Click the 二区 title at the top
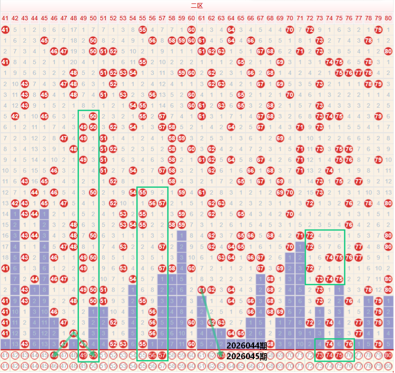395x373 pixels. pyautogui.click(x=197, y=6)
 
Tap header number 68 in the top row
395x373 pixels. pyautogui.click(x=270, y=19)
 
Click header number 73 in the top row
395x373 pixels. pyautogui.click(x=319, y=19)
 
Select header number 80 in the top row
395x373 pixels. pyautogui.click(x=388, y=19)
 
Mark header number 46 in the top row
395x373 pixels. pyautogui.click(x=54, y=19)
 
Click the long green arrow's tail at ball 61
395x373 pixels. pyautogui.click(x=201, y=289)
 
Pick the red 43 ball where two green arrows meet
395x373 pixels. pyautogui.click(x=74, y=333)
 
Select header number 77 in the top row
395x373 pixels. pyautogui.click(x=358, y=19)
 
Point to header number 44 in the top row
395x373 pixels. pyautogui.click(x=34, y=19)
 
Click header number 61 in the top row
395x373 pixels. pyautogui.click(x=201, y=19)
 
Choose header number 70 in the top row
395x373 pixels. pyautogui.click(x=290, y=19)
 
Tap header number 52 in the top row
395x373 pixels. pyautogui.click(x=113, y=19)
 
